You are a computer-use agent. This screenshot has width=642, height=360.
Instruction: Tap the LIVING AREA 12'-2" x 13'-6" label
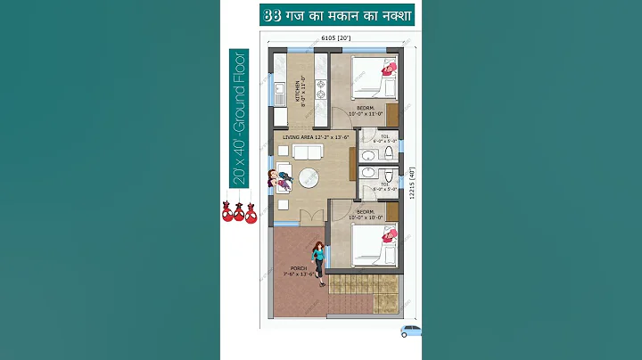[x=312, y=138]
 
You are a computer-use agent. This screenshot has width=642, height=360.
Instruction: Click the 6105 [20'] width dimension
[x=335, y=38]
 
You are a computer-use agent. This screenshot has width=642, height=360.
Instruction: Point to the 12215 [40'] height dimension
[x=413, y=182]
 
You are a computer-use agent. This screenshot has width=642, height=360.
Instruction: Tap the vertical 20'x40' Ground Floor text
[x=240, y=118]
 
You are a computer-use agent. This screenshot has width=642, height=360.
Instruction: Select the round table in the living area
[x=309, y=176]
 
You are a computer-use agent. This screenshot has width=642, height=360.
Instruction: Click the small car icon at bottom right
[x=410, y=331]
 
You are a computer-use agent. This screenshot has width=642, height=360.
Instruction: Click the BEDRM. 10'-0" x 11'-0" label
[x=366, y=111]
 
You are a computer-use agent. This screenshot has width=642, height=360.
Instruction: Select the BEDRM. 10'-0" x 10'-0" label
[x=366, y=213]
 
